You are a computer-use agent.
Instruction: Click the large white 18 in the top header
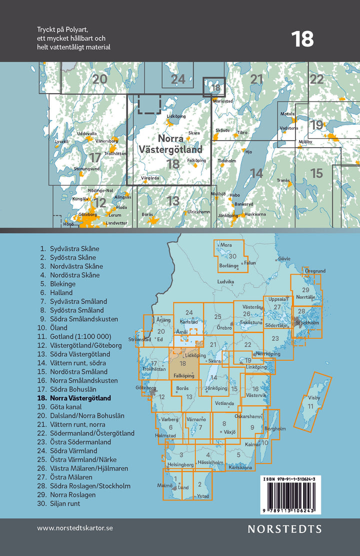[x=302, y=39]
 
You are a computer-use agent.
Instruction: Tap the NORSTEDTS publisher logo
[x=285, y=528]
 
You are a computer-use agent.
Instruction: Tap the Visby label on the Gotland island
[x=313, y=398]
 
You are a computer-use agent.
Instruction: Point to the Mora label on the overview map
[x=226, y=245]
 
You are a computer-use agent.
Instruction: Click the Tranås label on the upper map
[x=283, y=180]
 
